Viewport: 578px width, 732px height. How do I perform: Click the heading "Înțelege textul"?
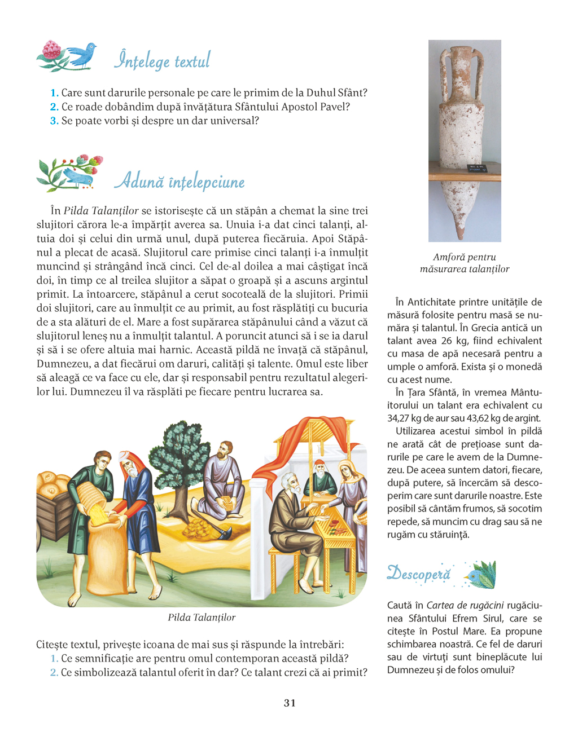(162, 60)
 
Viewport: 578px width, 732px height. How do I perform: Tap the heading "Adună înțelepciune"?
(179, 181)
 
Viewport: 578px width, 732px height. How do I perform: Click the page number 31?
(290, 703)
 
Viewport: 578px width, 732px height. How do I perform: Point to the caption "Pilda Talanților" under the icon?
(202, 618)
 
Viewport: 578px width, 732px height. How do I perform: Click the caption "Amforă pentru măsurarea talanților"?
(465, 263)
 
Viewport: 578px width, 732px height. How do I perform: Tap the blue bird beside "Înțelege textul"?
(82, 55)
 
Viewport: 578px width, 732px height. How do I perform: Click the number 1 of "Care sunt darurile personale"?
(54, 93)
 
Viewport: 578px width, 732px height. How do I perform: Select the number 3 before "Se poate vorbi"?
(54, 121)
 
